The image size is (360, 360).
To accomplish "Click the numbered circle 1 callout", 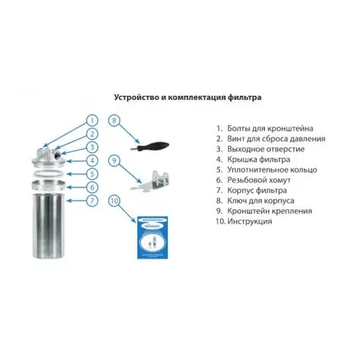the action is click(x=92, y=120).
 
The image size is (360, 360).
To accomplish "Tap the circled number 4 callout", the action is click(x=92, y=160).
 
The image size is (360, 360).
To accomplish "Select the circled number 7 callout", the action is click(x=92, y=200).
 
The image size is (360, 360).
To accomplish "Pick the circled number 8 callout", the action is click(x=115, y=120).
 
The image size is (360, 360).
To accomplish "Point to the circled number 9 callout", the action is click(x=115, y=160).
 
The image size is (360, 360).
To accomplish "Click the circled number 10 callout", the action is click(x=115, y=200).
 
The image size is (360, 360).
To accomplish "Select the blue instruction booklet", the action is click(x=152, y=237).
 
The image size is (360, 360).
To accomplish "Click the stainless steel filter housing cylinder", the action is click(x=49, y=226).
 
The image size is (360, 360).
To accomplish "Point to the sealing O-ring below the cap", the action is click(x=49, y=173).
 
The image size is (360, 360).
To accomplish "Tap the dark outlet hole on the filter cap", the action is click(x=59, y=156).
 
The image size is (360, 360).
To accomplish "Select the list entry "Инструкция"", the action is click(x=250, y=221).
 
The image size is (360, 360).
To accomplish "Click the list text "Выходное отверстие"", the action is click(x=266, y=149).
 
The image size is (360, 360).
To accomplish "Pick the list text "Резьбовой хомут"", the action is click(x=259, y=180).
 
